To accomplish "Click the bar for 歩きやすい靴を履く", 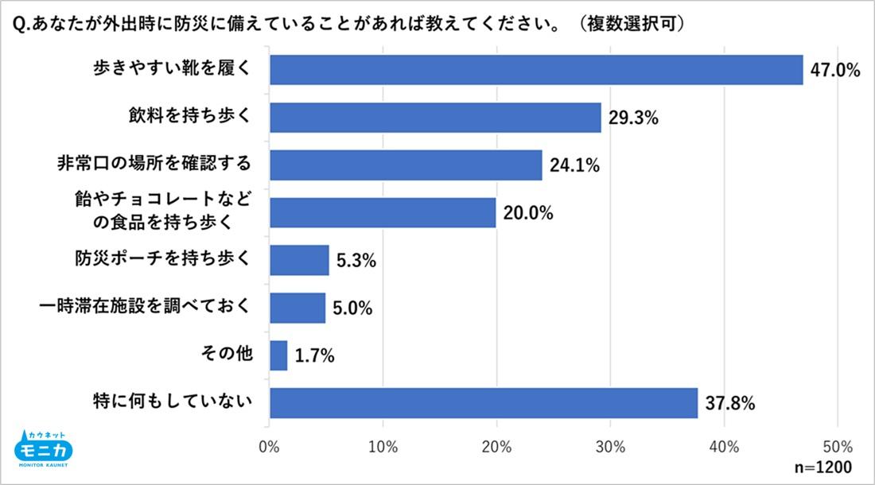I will [x=536, y=70].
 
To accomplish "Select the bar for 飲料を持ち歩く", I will [x=435, y=118].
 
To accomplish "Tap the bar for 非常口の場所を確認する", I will [x=406, y=165].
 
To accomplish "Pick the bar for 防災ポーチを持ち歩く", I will [x=299, y=260].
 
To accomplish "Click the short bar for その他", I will [x=278, y=355].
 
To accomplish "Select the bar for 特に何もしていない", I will [x=484, y=403].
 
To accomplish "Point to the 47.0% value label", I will [x=835, y=71].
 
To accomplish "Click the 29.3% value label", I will [x=634, y=118].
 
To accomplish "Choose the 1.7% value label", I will [x=314, y=356].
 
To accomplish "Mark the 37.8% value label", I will [x=729, y=404].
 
